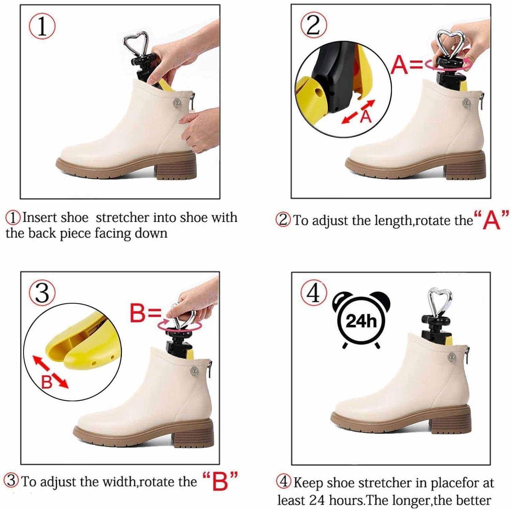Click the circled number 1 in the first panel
(x=42, y=26)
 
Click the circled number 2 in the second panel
(x=313, y=26)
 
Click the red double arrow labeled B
(x=50, y=372)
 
